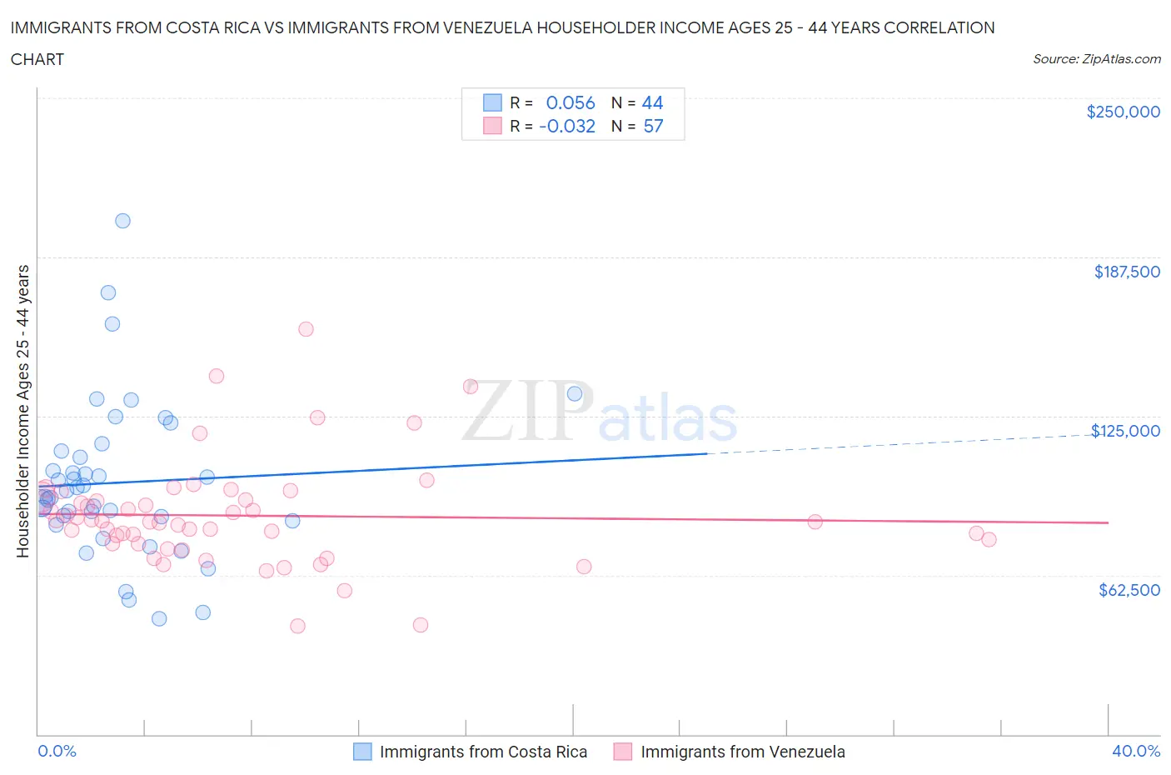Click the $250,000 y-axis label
pyautogui.click(x=1123, y=112)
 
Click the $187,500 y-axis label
pyautogui.click(x=1127, y=272)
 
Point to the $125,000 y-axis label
pyautogui.click(x=1125, y=431)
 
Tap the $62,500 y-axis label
pyautogui.click(x=1129, y=590)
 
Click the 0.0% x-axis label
pyautogui.click(x=57, y=751)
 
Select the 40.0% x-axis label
pyautogui.click(x=1136, y=751)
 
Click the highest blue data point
pyautogui.click(x=122, y=221)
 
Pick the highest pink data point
pyautogui.click(x=306, y=329)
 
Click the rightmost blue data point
pyautogui.click(x=575, y=394)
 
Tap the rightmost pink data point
pyautogui.click(x=989, y=539)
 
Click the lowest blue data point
pyautogui.click(x=159, y=618)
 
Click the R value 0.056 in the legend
pyautogui.click(x=571, y=102)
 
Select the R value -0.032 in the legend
pyautogui.click(x=567, y=126)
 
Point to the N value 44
pyautogui.click(x=652, y=102)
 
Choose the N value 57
pyautogui.click(x=653, y=126)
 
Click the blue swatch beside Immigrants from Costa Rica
pyautogui.click(x=362, y=752)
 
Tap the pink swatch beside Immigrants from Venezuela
pyautogui.click(x=623, y=752)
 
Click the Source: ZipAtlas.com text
pyautogui.click(x=1096, y=59)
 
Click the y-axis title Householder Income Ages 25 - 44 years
pyautogui.click(x=22, y=411)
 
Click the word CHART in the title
pyautogui.click(x=37, y=59)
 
